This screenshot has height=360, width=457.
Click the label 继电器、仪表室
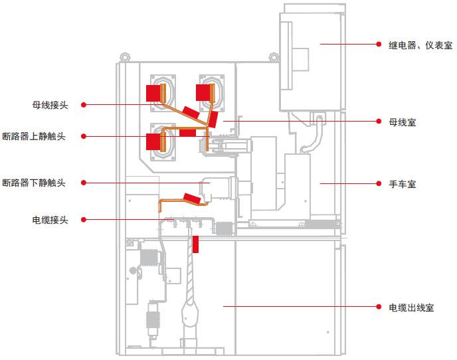[420, 45]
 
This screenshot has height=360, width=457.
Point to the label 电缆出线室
[411, 308]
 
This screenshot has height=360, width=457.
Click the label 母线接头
[50, 104]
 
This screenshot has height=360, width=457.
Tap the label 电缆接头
[50, 219]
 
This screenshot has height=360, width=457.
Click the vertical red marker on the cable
[197, 244]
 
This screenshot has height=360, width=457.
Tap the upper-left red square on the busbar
[153, 92]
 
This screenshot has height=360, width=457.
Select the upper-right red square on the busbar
[202, 92]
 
